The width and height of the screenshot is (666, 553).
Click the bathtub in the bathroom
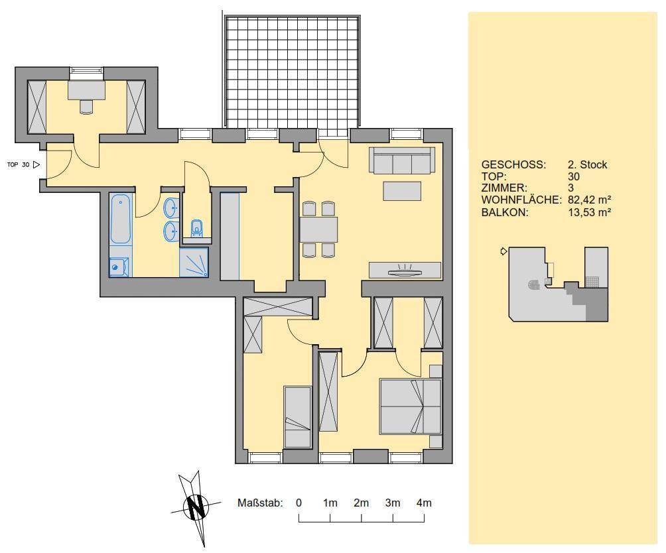coord(120,219)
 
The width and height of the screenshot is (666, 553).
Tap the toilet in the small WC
coord(196,227)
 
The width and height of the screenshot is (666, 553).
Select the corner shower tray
coord(194,263)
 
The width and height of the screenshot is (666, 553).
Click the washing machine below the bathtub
coord(119,267)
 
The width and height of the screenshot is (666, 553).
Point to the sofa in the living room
coord(402,160)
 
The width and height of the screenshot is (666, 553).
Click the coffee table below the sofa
coord(402,191)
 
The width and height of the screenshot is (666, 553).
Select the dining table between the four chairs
coord(319,229)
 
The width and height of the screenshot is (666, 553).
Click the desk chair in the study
coord(86,107)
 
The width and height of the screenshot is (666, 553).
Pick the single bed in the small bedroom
coord(297,417)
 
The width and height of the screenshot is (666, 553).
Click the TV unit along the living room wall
coord(405,270)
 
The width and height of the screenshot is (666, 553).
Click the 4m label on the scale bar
coord(424,503)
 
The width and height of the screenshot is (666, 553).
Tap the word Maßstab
coord(260,503)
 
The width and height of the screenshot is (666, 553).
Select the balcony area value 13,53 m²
coord(590,212)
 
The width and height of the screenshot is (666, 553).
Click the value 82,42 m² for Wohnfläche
coord(590,200)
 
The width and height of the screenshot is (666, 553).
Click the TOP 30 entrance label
coord(19,164)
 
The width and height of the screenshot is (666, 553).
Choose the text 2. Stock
coord(588,164)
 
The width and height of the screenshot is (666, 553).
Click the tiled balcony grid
coord(293,72)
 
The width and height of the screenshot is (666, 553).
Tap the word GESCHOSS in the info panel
coord(513,164)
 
